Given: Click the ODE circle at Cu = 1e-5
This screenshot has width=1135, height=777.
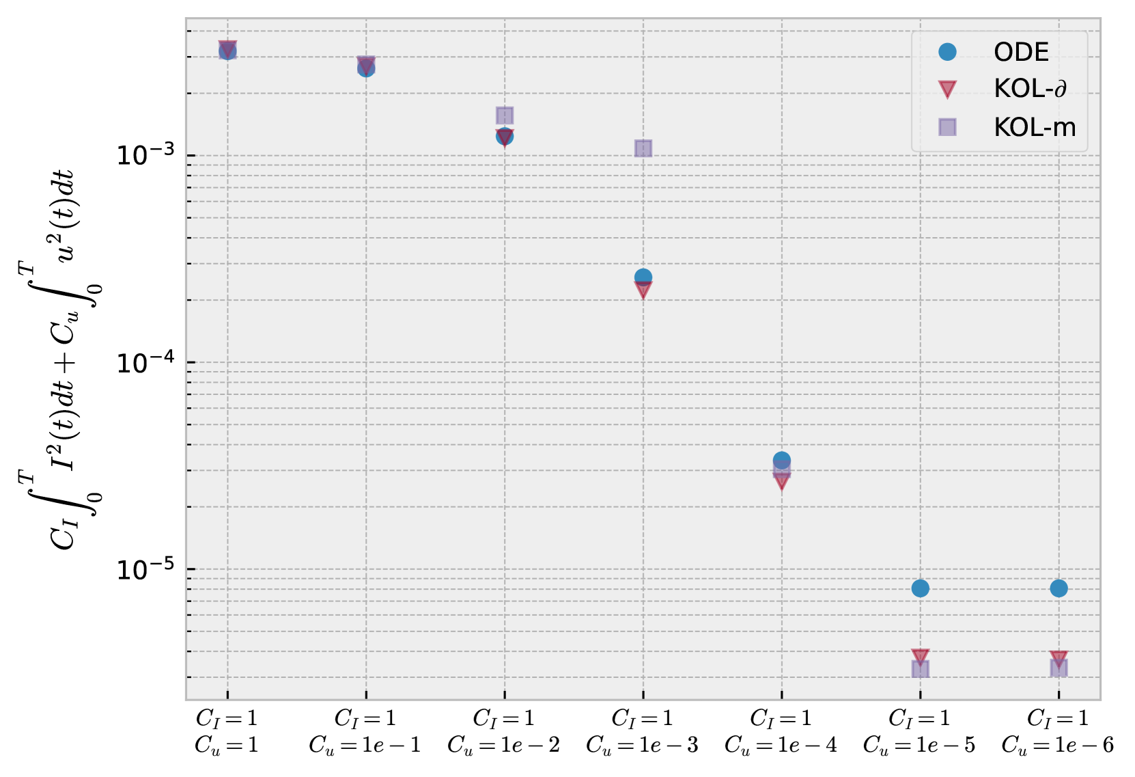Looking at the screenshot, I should tap(920, 588).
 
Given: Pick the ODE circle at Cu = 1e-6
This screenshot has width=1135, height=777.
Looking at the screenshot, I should tap(1059, 588).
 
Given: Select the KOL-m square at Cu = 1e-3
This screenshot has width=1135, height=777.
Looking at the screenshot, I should tap(643, 148).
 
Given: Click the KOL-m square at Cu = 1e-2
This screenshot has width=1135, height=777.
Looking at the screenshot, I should tap(505, 115).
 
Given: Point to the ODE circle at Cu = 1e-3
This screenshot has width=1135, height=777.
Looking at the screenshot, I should tap(643, 277).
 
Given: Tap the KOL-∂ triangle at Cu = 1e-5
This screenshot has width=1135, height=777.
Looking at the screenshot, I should tap(920, 657).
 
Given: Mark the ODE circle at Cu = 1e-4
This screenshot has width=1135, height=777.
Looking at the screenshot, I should tap(782, 460).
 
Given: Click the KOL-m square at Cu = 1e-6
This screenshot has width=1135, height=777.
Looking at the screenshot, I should tap(1059, 668).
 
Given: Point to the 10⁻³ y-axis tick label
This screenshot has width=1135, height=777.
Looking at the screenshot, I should tap(143, 154).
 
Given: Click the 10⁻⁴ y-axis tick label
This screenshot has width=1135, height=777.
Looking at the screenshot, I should tap(143, 362).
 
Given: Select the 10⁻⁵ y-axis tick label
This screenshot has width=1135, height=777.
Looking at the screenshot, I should tap(143, 569).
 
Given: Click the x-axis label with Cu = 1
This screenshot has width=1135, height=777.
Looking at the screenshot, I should tap(227, 731).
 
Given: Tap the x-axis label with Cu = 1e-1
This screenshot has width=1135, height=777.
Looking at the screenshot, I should tap(365, 731).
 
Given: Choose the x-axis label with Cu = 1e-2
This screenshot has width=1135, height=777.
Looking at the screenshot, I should tap(504, 731).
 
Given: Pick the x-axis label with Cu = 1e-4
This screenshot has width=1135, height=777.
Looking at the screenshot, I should tap(781, 731).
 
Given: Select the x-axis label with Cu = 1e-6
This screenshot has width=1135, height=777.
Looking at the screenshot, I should tap(1058, 731).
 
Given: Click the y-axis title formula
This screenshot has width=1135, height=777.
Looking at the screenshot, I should tap(61, 359).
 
